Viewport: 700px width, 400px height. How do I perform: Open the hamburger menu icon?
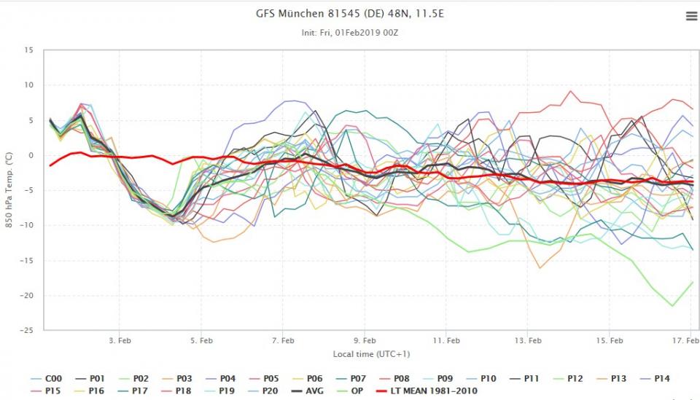click(691, 17)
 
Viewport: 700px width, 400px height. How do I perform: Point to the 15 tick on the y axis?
click(28, 50)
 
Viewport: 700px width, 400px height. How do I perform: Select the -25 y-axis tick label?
click(27, 330)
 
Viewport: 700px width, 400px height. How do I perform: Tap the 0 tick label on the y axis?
click(30, 155)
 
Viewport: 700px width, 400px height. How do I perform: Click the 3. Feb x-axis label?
click(120, 340)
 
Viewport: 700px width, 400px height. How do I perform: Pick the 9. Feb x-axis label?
click(365, 340)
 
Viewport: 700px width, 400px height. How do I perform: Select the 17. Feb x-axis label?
click(681, 340)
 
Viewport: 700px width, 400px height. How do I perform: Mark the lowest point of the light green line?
click(672, 306)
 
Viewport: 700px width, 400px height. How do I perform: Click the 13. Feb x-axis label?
click(528, 340)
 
